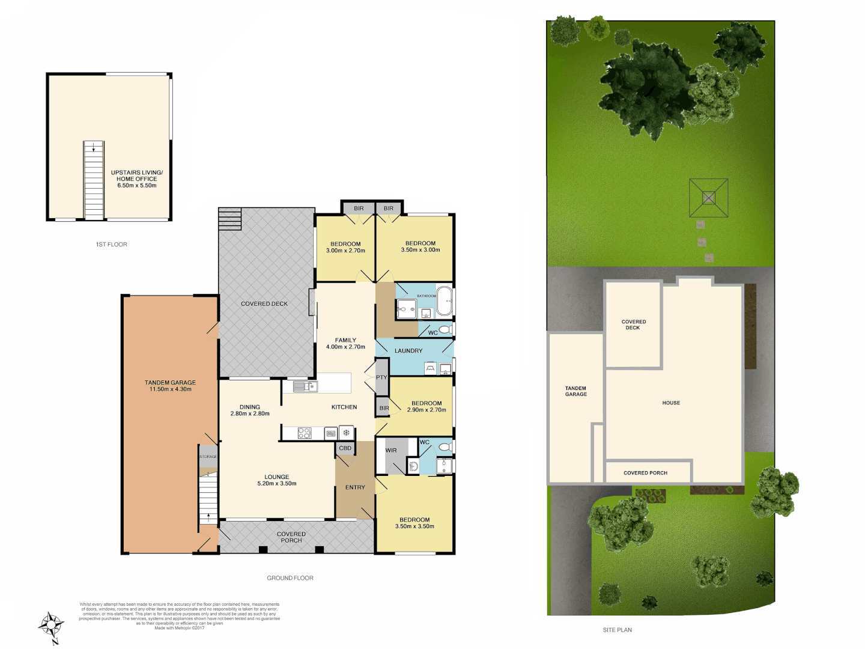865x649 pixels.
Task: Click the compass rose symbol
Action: point(52,626)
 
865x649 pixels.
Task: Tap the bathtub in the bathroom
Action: point(445,301)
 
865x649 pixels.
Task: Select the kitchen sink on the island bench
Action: point(305,386)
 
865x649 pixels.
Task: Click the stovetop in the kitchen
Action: point(305,433)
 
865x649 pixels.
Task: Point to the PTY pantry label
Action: point(381,377)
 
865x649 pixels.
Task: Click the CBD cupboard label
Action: point(345,448)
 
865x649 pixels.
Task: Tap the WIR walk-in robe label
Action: point(391,450)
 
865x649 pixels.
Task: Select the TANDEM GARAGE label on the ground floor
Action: point(170,383)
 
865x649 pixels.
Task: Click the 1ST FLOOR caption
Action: point(112,245)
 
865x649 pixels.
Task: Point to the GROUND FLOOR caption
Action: point(290,578)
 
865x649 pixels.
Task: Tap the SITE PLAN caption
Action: point(618,630)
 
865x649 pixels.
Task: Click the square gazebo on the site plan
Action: point(709,198)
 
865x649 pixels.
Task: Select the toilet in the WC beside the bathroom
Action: point(445,330)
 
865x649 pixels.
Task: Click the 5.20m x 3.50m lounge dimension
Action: point(277,484)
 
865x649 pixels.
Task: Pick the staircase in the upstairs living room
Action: point(94,180)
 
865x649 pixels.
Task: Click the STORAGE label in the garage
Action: point(208,457)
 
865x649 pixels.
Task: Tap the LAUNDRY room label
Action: point(408,351)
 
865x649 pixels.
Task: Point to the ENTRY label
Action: point(355,487)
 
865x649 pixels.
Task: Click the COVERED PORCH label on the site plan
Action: point(646,473)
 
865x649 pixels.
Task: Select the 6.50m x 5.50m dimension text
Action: point(137,186)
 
